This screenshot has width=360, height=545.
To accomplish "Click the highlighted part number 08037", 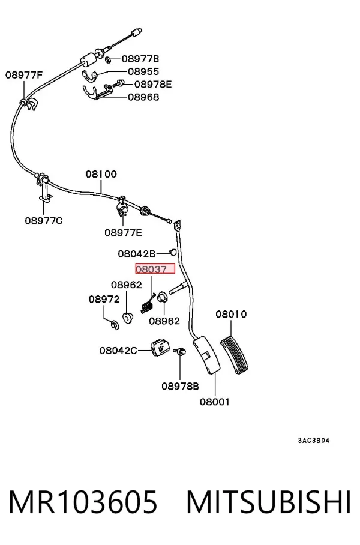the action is click(151, 269).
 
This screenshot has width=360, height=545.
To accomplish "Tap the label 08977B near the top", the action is click(140, 59).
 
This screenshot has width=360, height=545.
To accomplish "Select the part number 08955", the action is click(143, 71).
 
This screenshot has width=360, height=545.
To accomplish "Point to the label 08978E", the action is click(153, 84).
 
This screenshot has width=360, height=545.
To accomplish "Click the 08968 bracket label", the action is click(143, 97).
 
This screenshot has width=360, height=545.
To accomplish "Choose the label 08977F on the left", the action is click(24, 75).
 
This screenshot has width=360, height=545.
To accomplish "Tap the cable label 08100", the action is click(101, 174).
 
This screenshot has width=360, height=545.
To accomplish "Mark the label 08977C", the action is click(44, 221).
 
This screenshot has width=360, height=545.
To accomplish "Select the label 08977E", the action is click(124, 232).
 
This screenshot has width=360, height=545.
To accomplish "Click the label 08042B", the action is click(137, 254).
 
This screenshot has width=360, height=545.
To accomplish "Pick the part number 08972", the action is click(104, 299).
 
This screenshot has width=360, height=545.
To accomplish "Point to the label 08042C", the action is click(118, 351).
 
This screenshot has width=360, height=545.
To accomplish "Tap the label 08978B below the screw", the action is click(181, 386).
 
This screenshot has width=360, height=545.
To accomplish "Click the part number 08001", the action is click(215, 402).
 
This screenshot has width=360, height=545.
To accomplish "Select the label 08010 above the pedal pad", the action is click(231, 314).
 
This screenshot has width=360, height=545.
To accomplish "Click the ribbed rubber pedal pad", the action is click(235, 355).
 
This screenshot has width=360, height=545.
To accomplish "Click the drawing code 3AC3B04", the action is click(314, 441).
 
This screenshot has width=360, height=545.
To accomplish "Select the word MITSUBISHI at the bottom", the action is click(268, 502).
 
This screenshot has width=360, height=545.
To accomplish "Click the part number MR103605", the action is click(83, 502).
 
